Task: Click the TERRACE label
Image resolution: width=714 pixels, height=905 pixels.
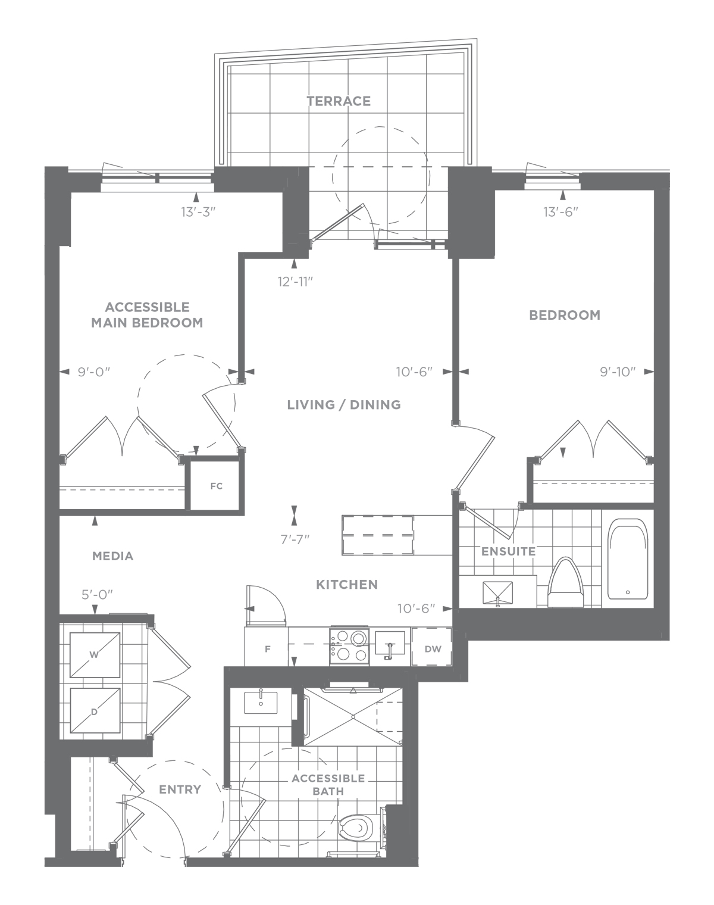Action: coord(339,101)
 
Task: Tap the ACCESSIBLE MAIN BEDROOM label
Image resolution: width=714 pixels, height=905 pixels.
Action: coord(147,315)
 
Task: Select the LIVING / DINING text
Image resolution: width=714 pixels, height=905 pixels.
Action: coord(344,404)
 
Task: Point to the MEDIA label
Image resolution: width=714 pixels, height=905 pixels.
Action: coord(112,556)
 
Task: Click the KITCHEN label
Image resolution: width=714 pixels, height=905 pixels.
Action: coord(347,585)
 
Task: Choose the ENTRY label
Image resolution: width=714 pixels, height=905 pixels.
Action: coord(180,789)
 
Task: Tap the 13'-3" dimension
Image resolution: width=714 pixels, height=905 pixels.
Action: coord(198,212)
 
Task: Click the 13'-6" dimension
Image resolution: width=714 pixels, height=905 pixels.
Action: coord(561,212)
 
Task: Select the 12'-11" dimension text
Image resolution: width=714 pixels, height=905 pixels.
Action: coord(296,282)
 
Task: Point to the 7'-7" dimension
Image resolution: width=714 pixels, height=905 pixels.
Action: coord(295,539)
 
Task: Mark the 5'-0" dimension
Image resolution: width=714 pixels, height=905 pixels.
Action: coord(97,594)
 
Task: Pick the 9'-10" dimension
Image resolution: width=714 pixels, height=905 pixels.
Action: coord(618,372)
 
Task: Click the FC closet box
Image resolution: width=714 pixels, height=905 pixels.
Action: coord(216,486)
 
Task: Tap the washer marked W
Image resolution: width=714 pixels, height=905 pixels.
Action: coord(95,655)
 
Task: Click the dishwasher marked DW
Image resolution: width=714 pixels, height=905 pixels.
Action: coord(431,649)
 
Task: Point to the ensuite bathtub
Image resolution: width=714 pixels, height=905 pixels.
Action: coord(628,559)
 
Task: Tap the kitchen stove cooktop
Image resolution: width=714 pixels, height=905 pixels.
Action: coord(349,647)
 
